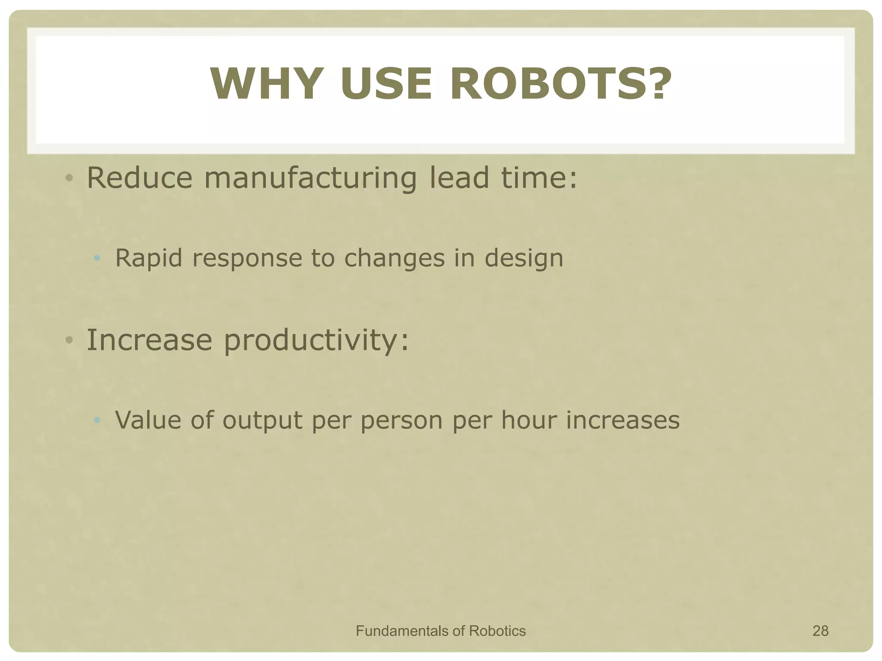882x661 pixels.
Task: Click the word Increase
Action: (149, 340)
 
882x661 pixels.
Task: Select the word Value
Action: (148, 420)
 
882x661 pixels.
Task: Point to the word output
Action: (262, 421)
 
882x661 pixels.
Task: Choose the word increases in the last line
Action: (623, 420)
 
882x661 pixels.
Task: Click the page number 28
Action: (820, 631)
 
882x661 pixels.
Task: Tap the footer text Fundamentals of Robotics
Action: (441, 631)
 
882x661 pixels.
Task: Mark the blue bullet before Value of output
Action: (97, 420)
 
